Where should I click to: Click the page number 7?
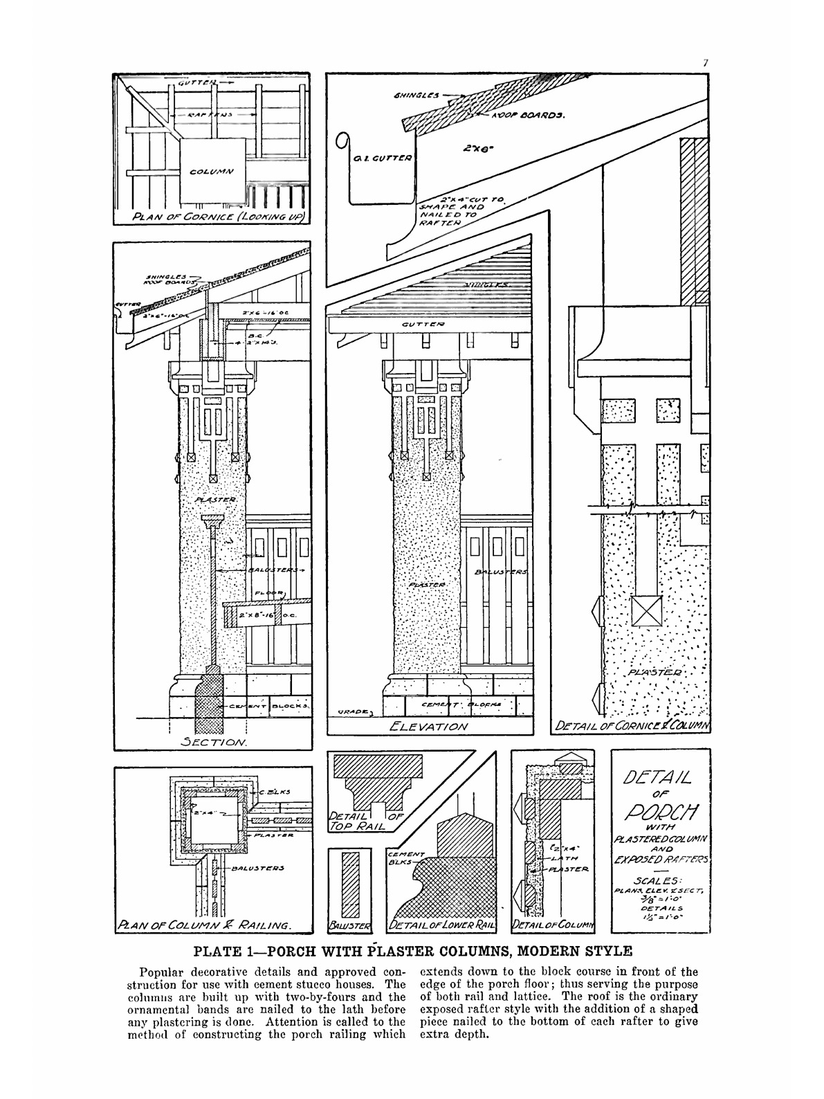click(x=705, y=63)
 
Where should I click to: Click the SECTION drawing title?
click(x=208, y=743)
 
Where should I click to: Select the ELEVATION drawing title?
click(x=428, y=727)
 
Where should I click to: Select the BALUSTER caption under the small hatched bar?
click(x=350, y=925)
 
